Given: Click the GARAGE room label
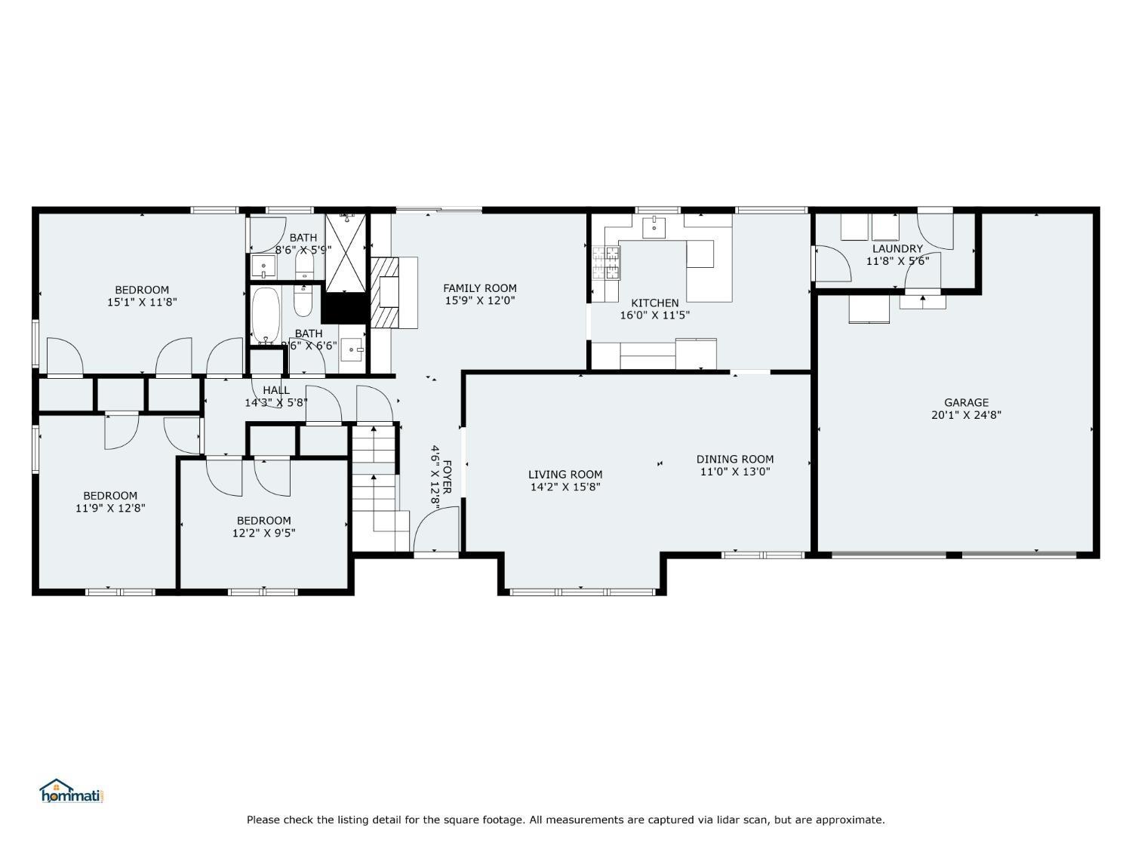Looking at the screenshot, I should point(966,402).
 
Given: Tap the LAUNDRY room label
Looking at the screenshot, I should point(897,248).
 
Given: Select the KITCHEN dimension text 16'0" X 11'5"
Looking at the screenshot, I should point(654,315).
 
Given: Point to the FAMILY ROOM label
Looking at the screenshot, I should point(479,288).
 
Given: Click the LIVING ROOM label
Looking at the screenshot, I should point(565,475).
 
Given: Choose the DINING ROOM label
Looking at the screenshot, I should point(734,459).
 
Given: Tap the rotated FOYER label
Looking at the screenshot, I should point(447,476).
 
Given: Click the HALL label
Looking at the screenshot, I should point(276,390).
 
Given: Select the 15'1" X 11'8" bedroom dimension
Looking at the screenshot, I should point(142,302).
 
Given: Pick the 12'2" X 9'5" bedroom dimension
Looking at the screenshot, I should point(263,533).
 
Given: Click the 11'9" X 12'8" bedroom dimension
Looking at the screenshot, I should point(110,508).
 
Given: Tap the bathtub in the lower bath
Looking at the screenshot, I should point(266,315).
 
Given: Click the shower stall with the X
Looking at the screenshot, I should point(346,251).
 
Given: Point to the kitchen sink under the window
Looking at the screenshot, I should point(654,226).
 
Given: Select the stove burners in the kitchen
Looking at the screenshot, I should point(605,263).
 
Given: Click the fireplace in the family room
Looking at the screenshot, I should point(392,292).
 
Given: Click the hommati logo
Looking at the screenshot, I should point(70,791).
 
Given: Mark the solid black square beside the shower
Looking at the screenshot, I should point(343,306).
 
